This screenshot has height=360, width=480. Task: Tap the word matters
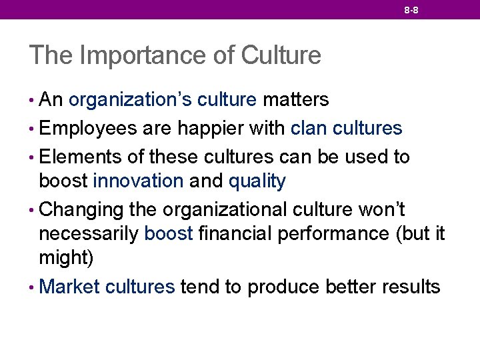(295, 100)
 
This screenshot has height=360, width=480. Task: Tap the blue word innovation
(138, 181)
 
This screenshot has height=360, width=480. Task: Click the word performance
(341, 234)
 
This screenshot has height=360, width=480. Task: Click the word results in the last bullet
(411, 287)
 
